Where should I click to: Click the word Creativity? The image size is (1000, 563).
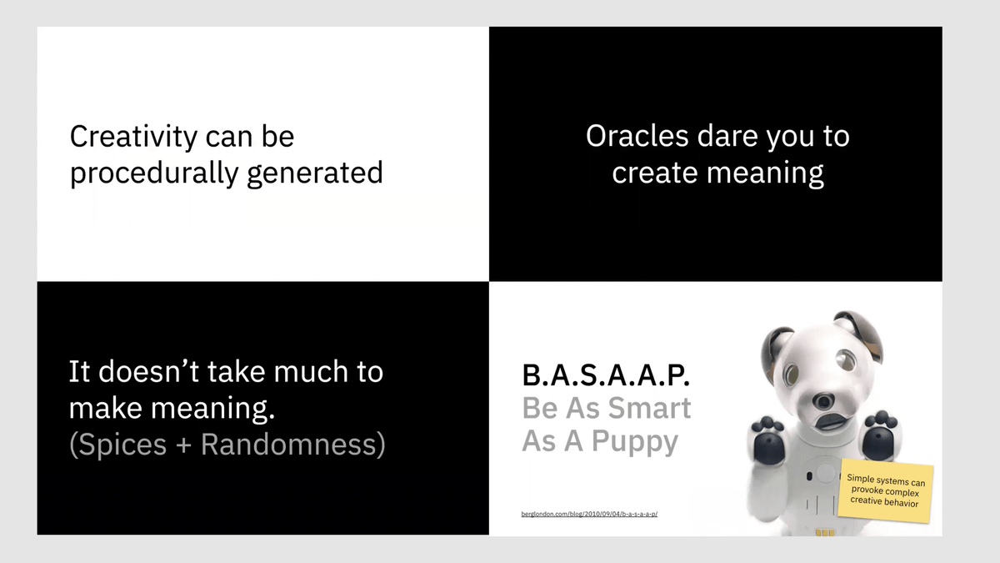coord(133,137)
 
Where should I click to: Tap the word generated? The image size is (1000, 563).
coord(315,173)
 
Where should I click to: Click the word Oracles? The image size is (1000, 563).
coord(637,136)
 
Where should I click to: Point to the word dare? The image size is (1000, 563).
coord(727,136)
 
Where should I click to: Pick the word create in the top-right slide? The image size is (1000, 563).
coord(654,173)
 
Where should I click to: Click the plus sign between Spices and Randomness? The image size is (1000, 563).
coord(183,445)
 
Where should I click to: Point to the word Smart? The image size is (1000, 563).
coord(649,408)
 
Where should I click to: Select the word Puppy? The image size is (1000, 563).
coord(634,442)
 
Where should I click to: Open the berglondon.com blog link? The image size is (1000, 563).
coord(589,514)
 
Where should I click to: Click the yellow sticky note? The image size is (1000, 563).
coord(886,490)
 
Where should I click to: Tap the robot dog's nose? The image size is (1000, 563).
coord(822,400)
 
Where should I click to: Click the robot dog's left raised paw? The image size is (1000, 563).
coord(768,440)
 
